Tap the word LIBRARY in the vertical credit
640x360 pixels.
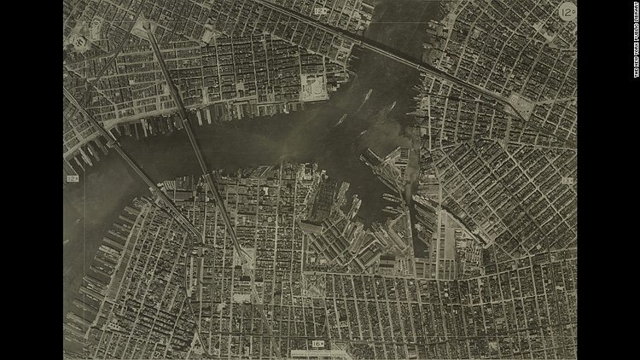[634, 15]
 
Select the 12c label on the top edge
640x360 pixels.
[321, 11]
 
